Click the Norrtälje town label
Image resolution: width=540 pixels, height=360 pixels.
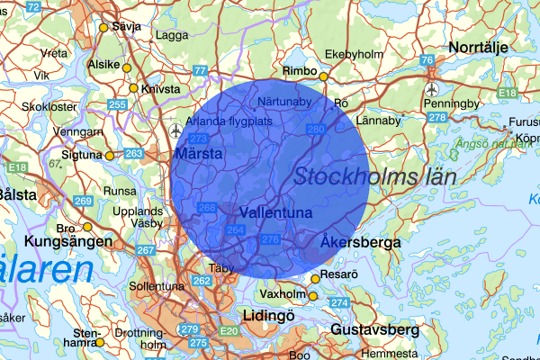tap(479, 46)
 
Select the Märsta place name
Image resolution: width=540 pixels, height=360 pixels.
tap(199, 156)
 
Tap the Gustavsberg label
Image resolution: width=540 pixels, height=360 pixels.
tap(374, 330)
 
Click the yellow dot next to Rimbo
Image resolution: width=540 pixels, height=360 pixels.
tap(323, 76)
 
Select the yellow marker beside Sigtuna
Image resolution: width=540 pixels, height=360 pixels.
tap(110, 156)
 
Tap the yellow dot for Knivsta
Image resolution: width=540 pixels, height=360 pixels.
tap(133, 88)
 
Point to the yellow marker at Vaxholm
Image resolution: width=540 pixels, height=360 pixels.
tap(313, 295)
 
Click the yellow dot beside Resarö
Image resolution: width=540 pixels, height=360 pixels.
tap(315, 279)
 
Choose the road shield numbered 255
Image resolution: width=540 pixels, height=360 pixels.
tap(117, 105)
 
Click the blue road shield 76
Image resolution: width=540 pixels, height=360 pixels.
tap(427, 59)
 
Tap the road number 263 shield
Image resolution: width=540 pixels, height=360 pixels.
tap(133, 154)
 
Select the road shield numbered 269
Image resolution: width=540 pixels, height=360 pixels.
tap(84, 201)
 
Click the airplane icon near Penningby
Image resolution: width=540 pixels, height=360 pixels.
tap(432, 89)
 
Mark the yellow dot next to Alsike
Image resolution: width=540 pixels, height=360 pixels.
tap(127, 68)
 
